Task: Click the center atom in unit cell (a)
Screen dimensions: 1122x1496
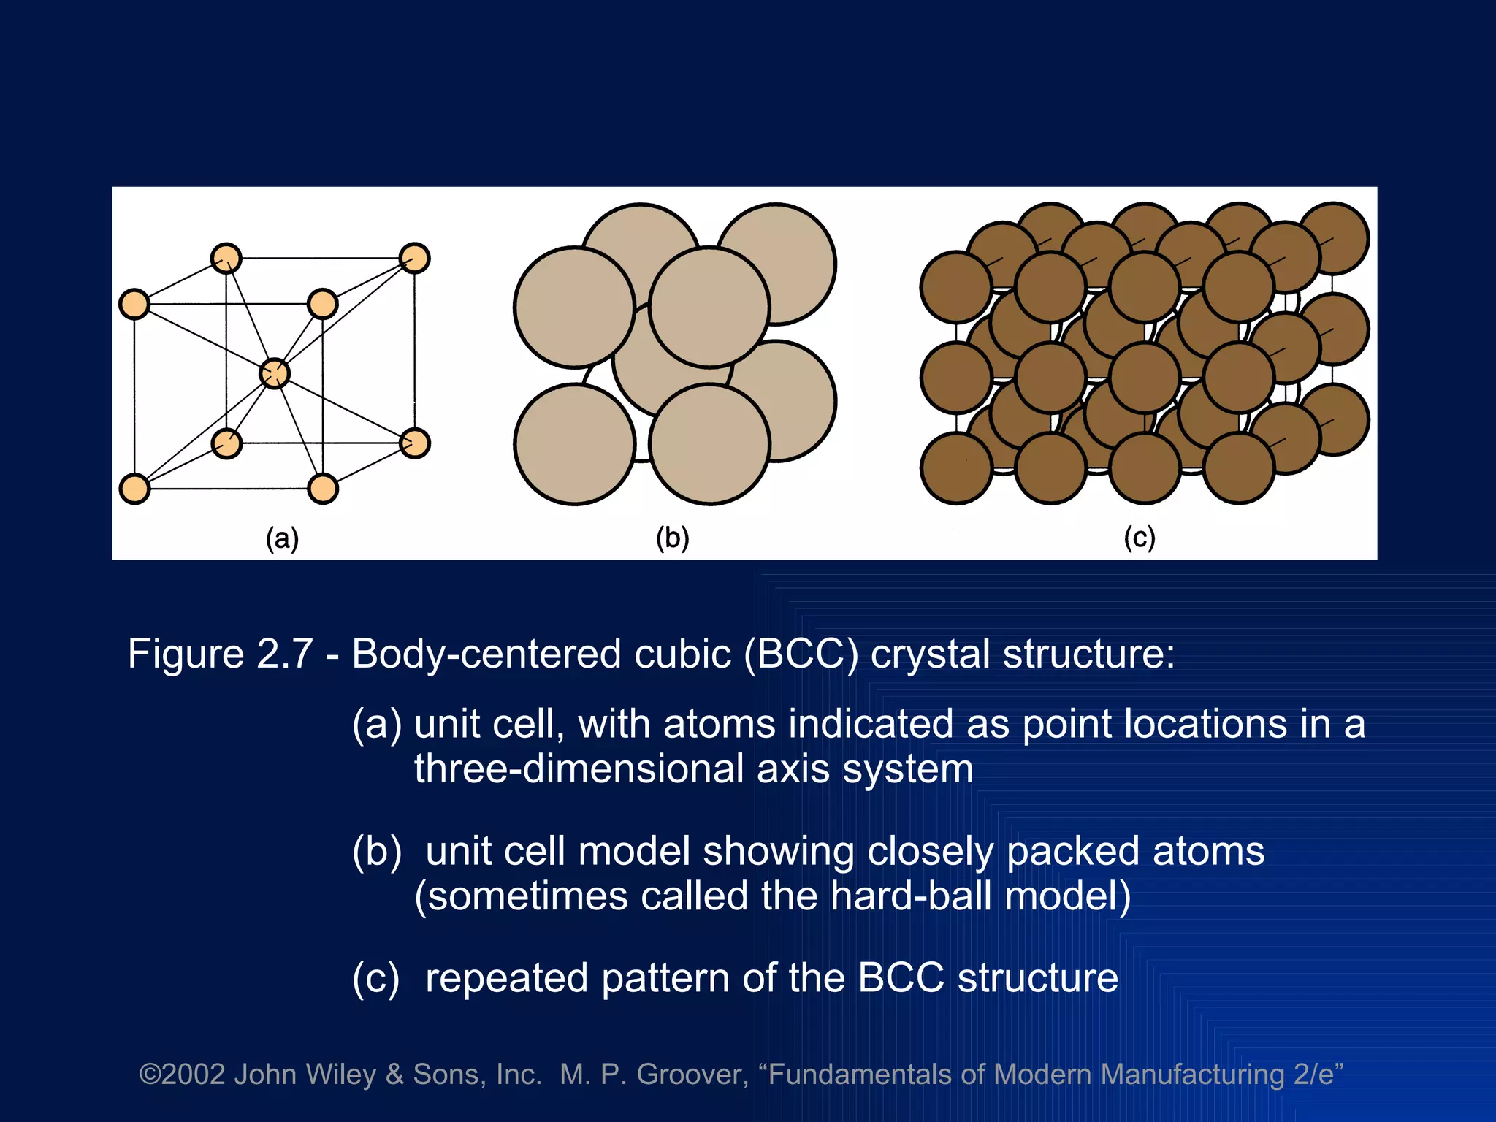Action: (x=275, y=373)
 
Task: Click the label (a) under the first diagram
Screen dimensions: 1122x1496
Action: (x=282, y=539)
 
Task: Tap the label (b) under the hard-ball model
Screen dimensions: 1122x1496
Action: (x=672, y=538)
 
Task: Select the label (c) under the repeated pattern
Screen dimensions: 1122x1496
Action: (x=1139, y=538)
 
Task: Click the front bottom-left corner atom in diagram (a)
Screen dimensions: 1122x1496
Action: (x=134, y=489)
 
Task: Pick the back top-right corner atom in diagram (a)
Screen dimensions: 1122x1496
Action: (x=415, y=258)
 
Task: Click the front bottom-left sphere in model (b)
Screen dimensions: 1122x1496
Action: (x=574, y=444)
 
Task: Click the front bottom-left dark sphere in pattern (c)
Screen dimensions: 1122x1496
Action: (x=956, y=468)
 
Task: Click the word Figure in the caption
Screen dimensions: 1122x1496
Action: (x=186, y=653)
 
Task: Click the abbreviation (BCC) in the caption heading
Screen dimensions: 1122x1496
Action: (x=801, y=653)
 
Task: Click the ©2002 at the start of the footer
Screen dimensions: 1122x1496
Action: (x=182, y=1075)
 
